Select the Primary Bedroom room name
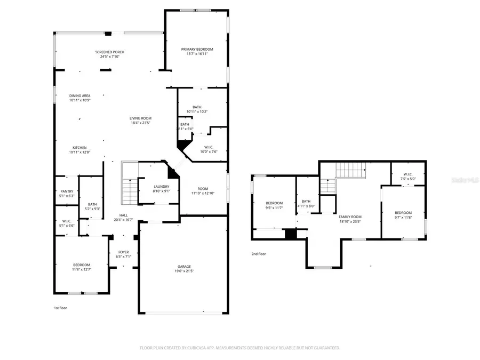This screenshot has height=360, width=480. click(197, 49)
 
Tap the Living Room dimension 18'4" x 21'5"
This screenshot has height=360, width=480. click(141, 123)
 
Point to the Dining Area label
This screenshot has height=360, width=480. click(79, 95)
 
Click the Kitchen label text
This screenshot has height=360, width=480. click(79, 148)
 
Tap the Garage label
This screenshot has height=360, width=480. click(184, 266)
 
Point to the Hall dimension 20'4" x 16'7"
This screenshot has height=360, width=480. click(123, 219)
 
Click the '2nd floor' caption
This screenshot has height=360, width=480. click(258, 254)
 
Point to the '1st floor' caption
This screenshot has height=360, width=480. click(60, 308)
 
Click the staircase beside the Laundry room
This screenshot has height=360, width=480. click(130, 184)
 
